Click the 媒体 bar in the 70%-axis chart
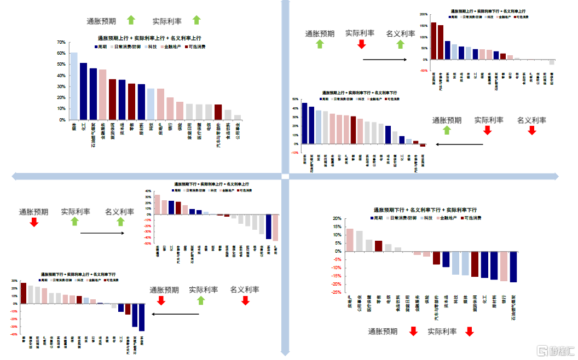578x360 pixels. point(74,86)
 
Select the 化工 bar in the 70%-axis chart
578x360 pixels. point(84,91)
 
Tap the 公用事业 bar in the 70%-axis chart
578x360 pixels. point(238,117)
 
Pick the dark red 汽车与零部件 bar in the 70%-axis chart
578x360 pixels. point(218,112)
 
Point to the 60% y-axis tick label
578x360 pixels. point(61,53)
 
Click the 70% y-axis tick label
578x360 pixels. point(61,42)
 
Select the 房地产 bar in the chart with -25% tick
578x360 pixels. point(350,240)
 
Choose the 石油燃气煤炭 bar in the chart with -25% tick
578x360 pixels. point(513,267)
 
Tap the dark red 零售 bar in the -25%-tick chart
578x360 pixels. point(378,246)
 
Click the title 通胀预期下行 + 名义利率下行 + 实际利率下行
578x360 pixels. point(425,210)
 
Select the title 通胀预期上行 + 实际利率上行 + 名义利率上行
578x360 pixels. point(149,38)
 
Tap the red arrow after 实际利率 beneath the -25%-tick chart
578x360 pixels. point(469,332)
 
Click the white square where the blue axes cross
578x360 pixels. point(285,176)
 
